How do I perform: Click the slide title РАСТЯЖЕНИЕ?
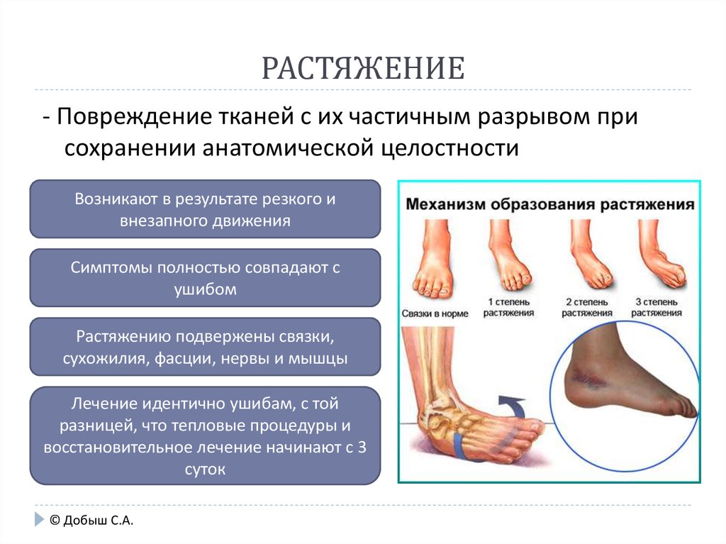click(363, 68)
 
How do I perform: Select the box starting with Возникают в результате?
click(205, 209)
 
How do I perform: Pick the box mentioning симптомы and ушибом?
click(205, 278)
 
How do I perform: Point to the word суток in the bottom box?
click(205, 470)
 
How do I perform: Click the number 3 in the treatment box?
click(362, 447)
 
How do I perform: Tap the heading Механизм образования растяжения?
click(550, 204)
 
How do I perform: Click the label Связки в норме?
click(435, 313)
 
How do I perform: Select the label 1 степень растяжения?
click(508, 307)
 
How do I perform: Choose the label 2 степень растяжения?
click(586, 307)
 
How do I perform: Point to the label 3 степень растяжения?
click(656, 307)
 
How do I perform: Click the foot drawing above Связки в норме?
click(433, 259)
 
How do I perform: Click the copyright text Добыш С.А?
click(91, 521)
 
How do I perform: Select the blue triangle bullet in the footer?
click(39, 519)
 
